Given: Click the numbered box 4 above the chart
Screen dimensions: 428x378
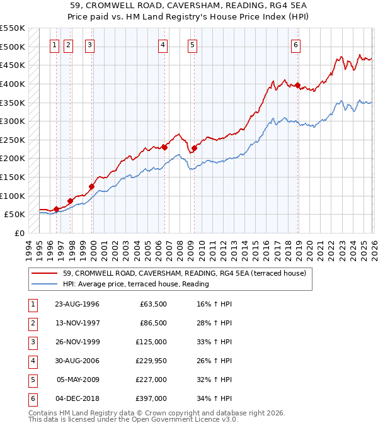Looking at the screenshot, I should (163, 45).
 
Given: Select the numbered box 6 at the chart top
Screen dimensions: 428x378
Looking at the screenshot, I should (295, 45).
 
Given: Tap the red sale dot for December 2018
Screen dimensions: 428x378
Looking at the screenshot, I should (297, 86).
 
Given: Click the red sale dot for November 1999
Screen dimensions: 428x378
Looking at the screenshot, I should (91, 186).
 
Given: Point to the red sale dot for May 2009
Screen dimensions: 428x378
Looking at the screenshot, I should (195, 149).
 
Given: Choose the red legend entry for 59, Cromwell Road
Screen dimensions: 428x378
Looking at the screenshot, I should (184, 273).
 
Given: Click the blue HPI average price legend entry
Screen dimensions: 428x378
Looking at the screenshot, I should (135, 284).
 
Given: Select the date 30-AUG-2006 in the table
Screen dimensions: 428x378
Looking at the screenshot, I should (77, 361).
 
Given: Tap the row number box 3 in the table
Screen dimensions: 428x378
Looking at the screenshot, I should (32, 342).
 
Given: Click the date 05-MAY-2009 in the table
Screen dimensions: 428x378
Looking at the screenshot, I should (77, 380).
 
